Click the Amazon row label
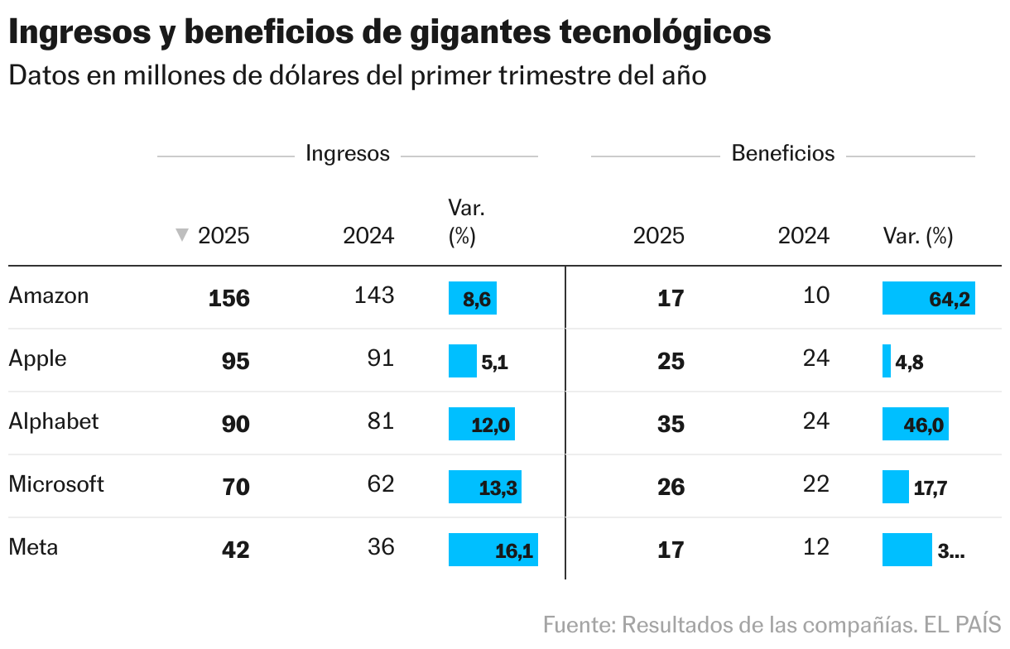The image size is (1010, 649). (48, 296)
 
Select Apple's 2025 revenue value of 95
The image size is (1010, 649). (236, 361)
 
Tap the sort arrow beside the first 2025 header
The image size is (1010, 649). (182, 236)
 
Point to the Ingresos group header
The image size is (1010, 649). (348, 153)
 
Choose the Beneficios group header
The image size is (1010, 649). (783, 153)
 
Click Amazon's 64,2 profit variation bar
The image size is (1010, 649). (928, 298)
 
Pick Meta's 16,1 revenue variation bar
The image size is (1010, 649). (493, 550)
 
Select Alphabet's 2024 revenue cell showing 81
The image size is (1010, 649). (381, 421)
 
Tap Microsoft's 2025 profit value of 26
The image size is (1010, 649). (671, 487)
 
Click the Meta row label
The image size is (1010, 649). (33, 547)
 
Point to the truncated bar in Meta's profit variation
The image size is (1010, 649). (907, 550)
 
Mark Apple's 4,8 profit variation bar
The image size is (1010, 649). (887, 361)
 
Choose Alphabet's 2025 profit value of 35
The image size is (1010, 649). (671, 424)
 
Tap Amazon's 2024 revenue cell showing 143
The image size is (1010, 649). (374, 296)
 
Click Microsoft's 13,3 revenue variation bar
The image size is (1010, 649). (484, 487)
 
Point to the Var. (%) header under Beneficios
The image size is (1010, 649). (918, 237)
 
